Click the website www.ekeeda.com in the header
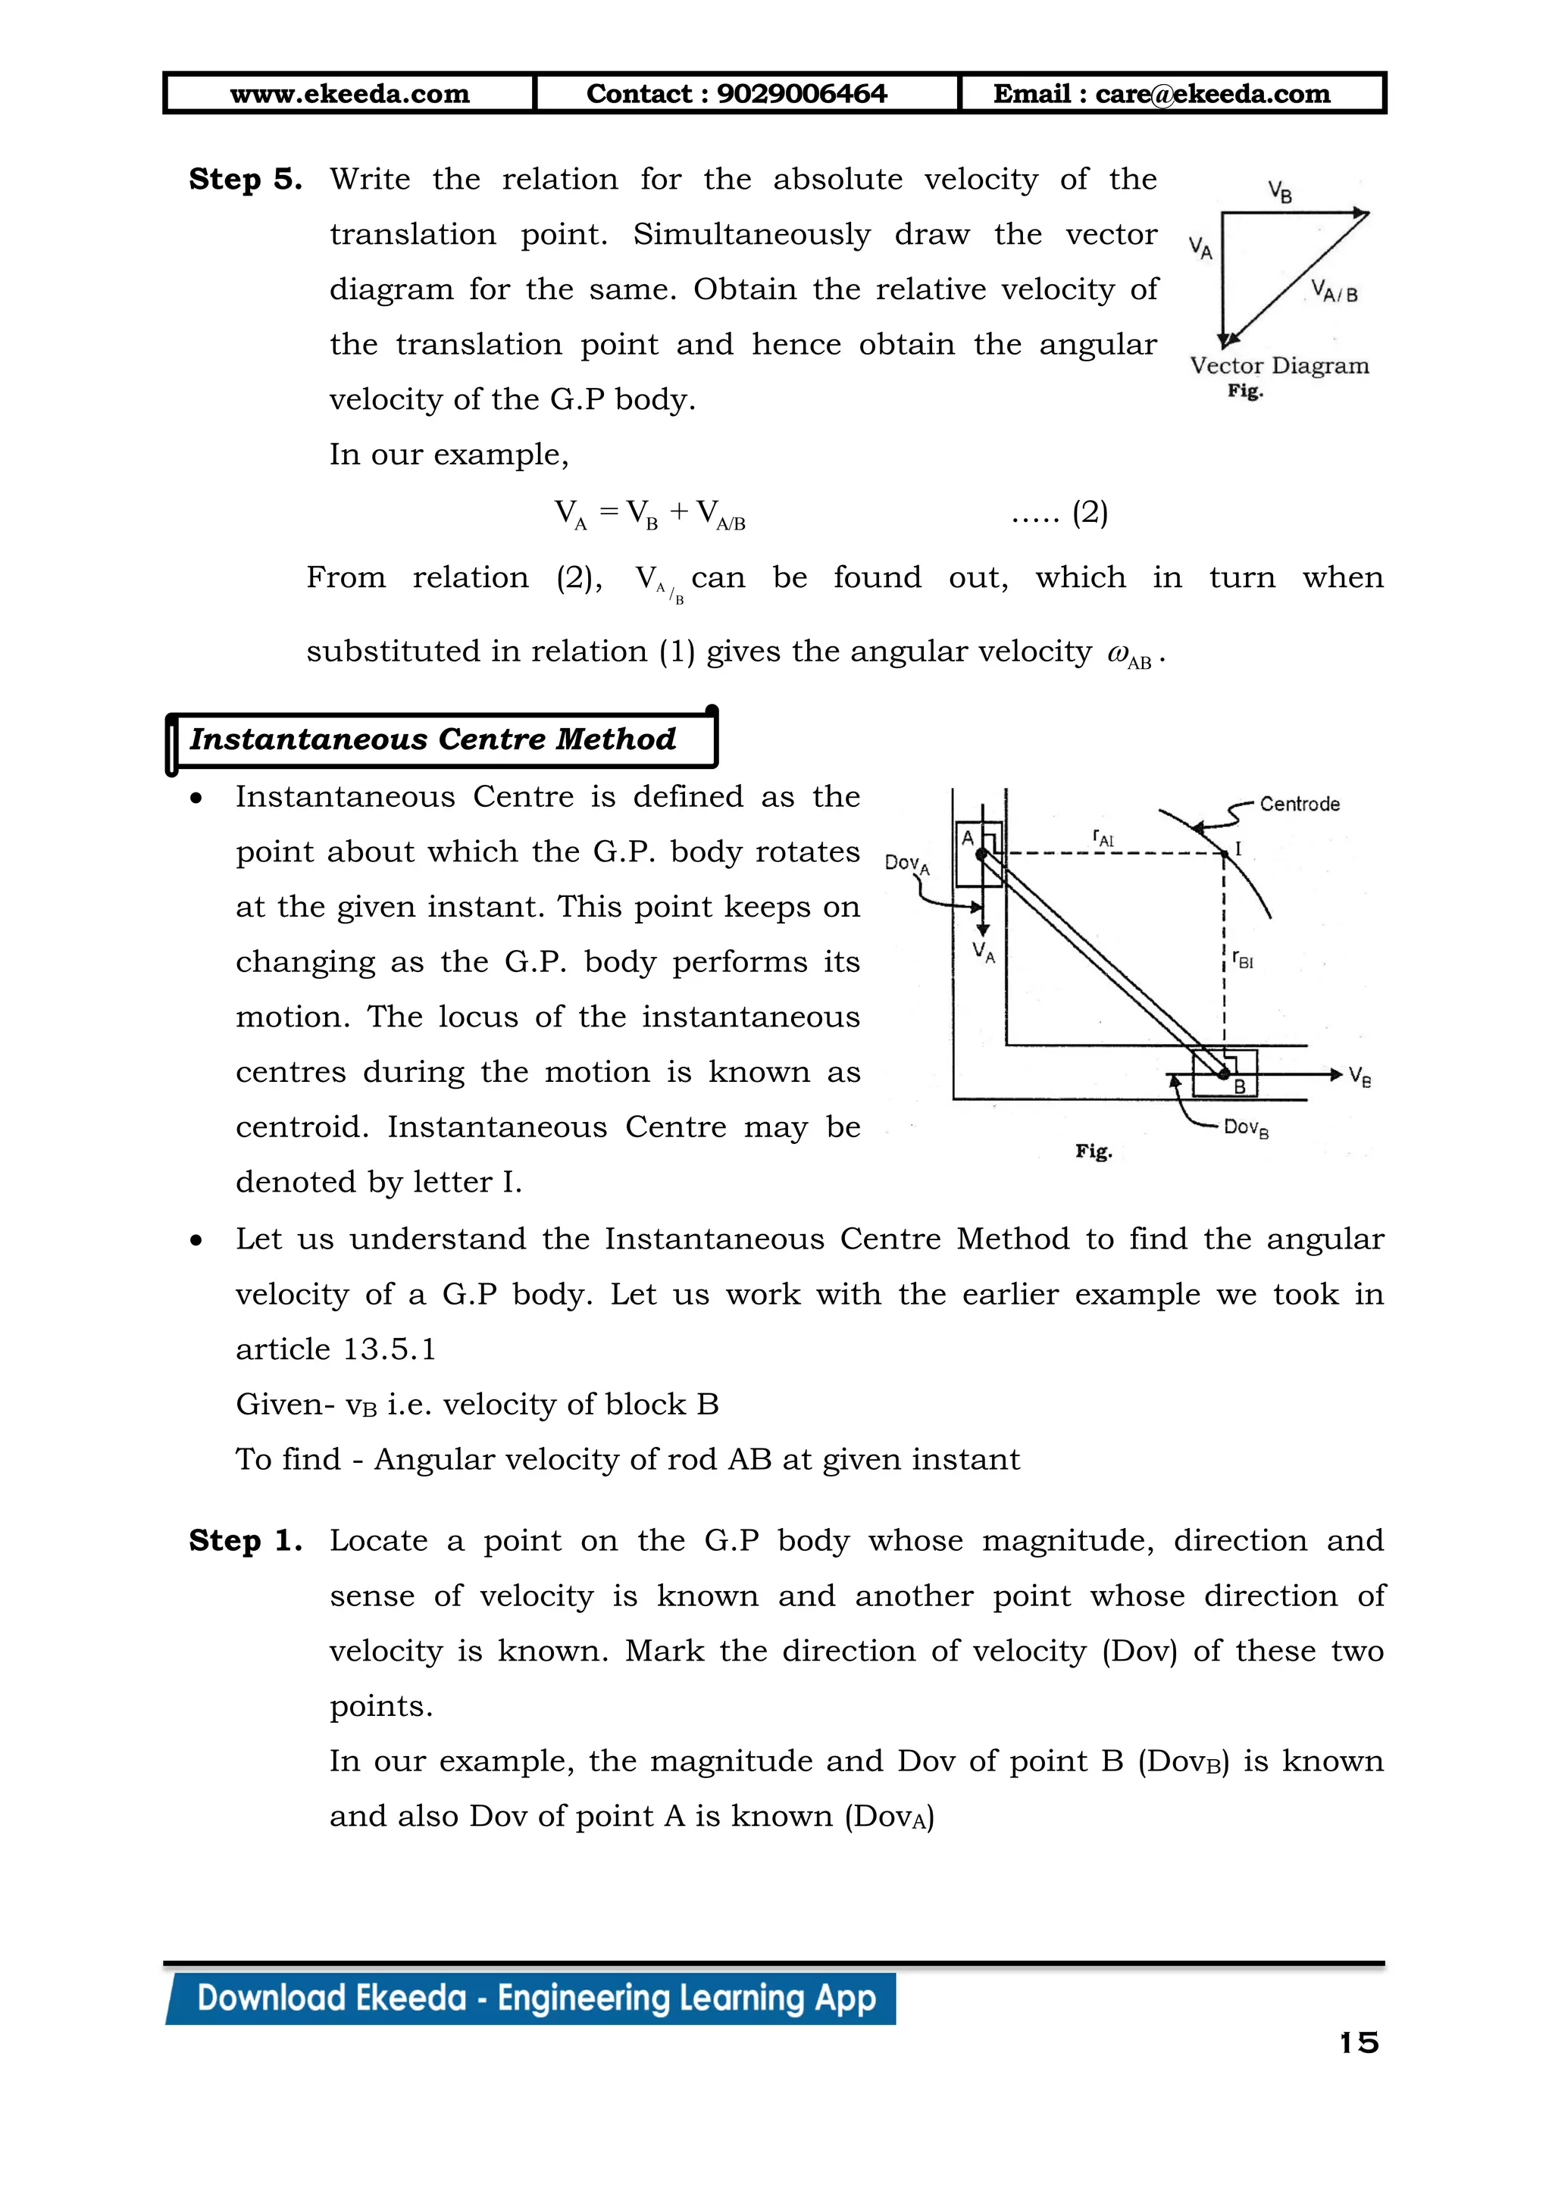tap(350, 94)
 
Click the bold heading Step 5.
tap(245, 180)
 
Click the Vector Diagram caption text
tap(1278, 366)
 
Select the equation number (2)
tap(1090, 513)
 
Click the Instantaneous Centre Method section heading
tap(432, 739)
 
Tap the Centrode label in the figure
tap(1299, 804)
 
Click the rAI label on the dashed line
tap(1104, 838)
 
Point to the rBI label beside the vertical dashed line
tap(1242, 958)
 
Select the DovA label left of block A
tap(906, 864)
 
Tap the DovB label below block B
tap(1246, 1129)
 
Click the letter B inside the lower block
tap(1238, 1086)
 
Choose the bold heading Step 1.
tap(245, 1540)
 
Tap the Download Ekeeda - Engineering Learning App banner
tap(535, 1998)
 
